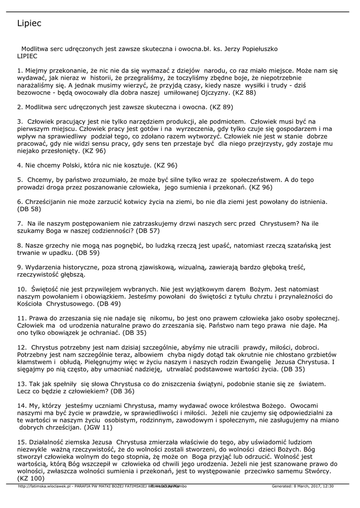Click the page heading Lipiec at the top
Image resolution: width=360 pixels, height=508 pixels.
click(29, 23)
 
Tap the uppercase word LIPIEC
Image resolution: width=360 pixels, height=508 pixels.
click(27, 56)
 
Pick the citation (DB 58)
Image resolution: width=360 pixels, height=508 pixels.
click(29, 209)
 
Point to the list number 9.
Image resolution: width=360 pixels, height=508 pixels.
click(19, 267)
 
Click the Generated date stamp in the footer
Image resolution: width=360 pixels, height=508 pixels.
click(302, 487)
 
